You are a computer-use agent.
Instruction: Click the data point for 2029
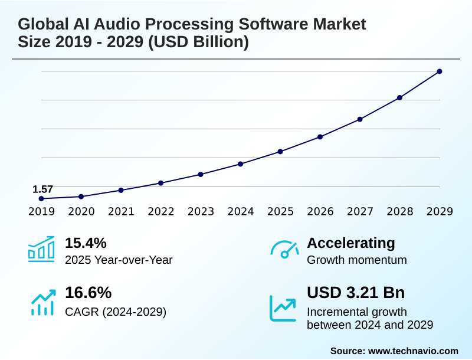coord(440,71)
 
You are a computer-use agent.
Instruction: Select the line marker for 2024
coord(240,163)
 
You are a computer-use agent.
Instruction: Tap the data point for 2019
coord(41,199)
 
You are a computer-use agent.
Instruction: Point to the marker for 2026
coord(320,137)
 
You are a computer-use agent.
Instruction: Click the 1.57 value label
coord(42,189)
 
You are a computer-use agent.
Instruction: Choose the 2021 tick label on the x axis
coord(121,211)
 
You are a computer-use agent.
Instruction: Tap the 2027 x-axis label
coord(360,211)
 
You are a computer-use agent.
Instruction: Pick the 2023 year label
coord(201,211)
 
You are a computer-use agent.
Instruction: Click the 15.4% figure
coord(86,243)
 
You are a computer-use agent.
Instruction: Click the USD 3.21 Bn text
coord(356,293)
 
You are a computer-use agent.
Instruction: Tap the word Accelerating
coord(351,243)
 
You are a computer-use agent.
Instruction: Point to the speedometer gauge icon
coord(284,249)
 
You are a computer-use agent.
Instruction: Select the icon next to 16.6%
coord(42,302)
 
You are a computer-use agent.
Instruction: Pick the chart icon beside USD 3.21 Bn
coord(283,307)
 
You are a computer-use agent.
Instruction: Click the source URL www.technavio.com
coord(413,351)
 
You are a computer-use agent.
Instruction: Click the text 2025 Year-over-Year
coord(119,260)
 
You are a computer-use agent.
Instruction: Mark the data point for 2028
coord(399,97)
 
